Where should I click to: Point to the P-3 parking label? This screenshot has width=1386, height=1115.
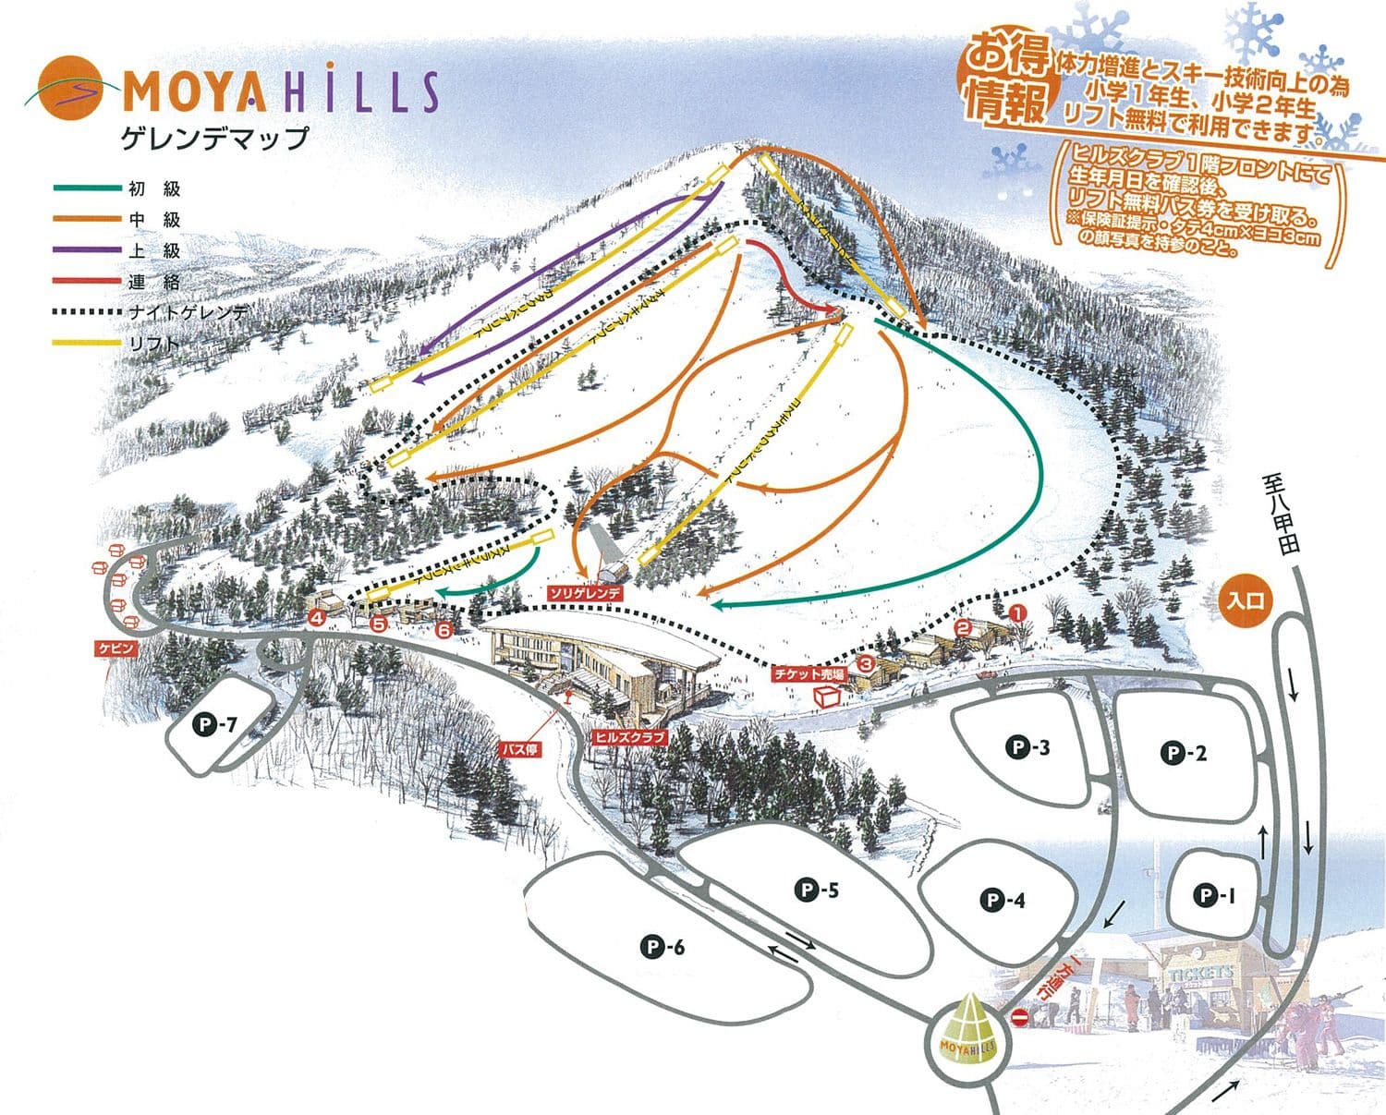1027,746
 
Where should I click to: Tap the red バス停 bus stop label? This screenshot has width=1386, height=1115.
518,749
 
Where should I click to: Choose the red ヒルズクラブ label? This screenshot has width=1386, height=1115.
629,738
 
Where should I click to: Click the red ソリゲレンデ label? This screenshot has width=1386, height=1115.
586,593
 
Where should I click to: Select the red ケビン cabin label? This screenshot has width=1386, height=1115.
117,648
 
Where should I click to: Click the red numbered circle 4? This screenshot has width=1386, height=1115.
318,618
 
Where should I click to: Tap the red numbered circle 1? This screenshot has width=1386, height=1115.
1017,612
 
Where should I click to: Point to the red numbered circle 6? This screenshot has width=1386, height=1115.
444,630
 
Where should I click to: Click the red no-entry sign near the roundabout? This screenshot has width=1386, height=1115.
1019,1018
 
